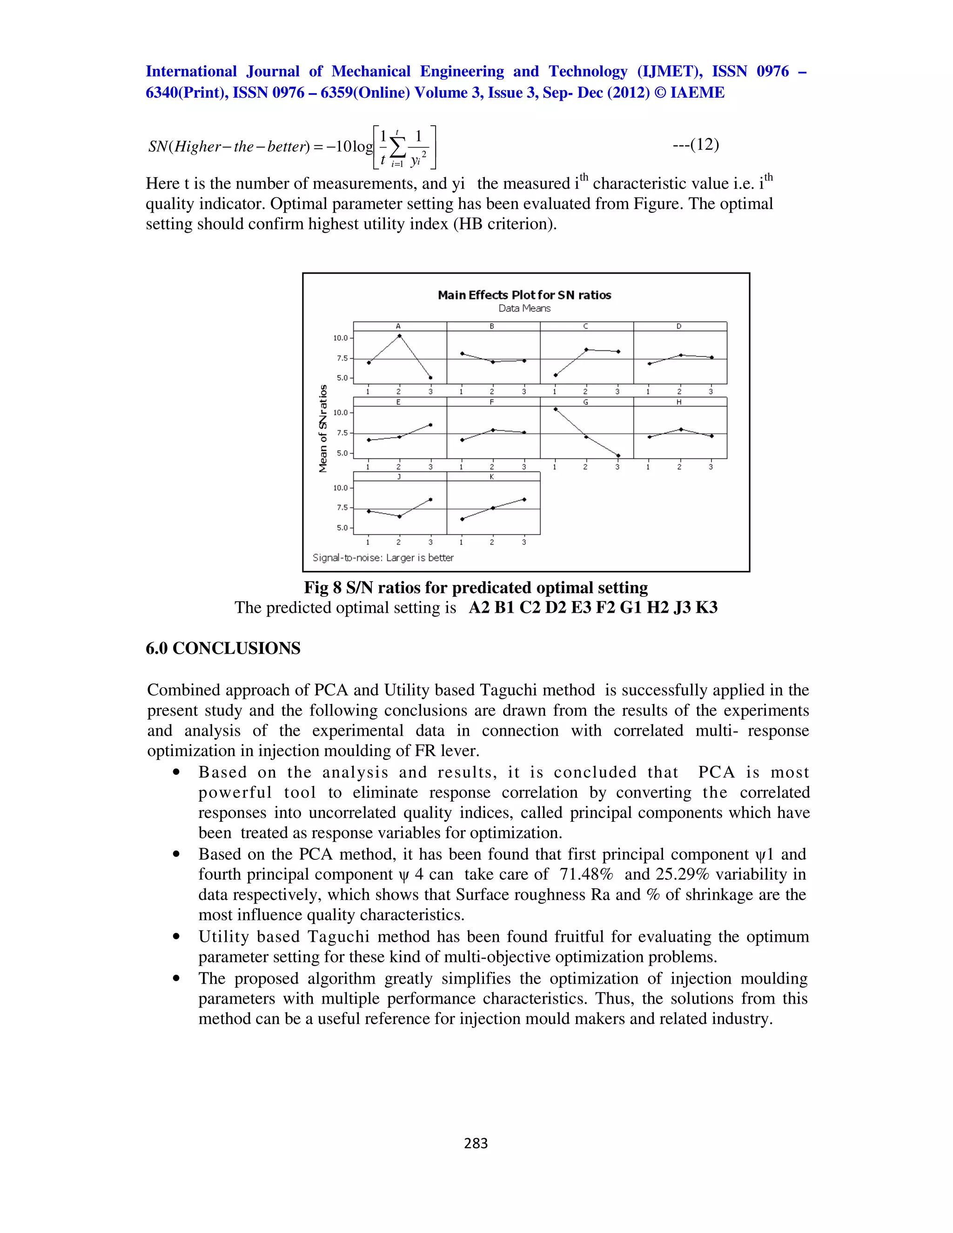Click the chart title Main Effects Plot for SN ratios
pyautogui.click(x=524, y=295)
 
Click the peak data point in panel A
pyautogui.click(x=400, y=336)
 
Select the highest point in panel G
pyautogui.click(x=556, y=409)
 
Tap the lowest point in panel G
pyautogui.click(x=618, y=456)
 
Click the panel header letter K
pyautogui.click(x=492, y=477)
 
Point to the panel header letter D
pyautogui.click(x=678, y=326)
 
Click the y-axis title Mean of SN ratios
pyautogui.click(x=323, y=429)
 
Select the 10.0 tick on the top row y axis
pyautogui.click(x=341, y=338)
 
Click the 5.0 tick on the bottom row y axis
pyautogui.click(x=342, y=528)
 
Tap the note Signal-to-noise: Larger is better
pyautogui.click(x=383, y=558)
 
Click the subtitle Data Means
pyautogui.click(x=524, y=308)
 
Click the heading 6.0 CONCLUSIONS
pyautogui.click(x=223, y=648)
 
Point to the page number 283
pyautogui.click(x=476, y=1143)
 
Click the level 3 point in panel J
pyautogui.click(x=431, y=499)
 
